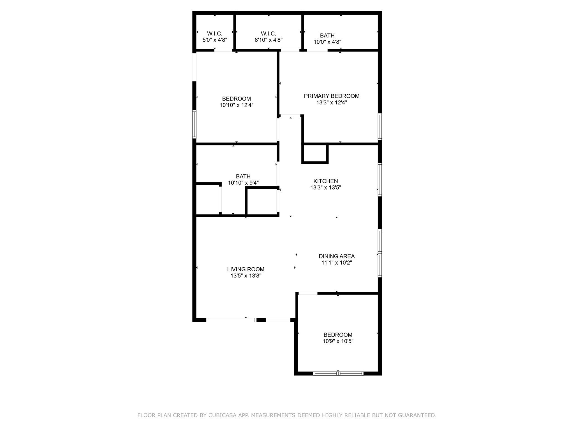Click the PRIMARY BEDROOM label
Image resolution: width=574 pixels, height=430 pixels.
coord(332,96)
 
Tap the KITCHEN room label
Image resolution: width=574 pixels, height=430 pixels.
coord(325,181)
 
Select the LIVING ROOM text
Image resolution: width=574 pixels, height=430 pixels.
coord(246,269)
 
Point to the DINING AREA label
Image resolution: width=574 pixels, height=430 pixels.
coord(337,256)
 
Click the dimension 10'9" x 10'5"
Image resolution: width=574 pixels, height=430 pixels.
coord(338,341)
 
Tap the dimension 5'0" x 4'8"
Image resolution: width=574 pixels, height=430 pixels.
coord(215,40)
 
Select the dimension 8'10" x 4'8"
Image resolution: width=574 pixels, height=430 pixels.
coord(268,40)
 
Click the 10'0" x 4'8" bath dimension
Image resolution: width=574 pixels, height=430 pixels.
coord(327,42)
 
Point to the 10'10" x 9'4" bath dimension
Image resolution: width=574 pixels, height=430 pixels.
coord(243,183)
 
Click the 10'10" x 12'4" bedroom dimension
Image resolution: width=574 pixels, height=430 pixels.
coord(236,105)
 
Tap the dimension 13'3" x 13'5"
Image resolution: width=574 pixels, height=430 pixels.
coord(325,188)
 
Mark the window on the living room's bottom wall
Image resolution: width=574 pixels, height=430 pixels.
coord(231,320)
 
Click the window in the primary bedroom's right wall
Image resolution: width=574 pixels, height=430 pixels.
coord(380,127)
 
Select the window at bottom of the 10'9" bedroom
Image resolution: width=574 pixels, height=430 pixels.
coord(338,373)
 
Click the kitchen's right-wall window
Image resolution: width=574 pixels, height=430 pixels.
coord(380,179)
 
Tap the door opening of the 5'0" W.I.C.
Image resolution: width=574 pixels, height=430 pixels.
coord(223,50)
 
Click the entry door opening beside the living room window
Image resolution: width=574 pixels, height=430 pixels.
coord(278,320)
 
